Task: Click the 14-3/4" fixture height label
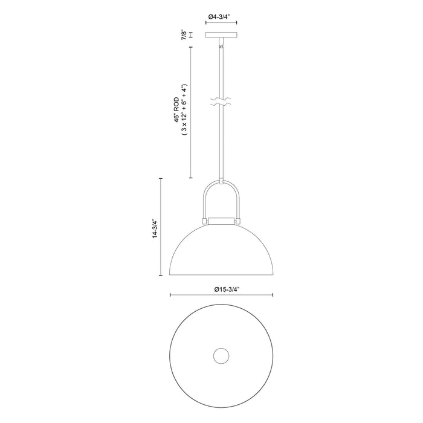coord(154,227)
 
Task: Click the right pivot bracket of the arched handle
coord(239,221)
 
